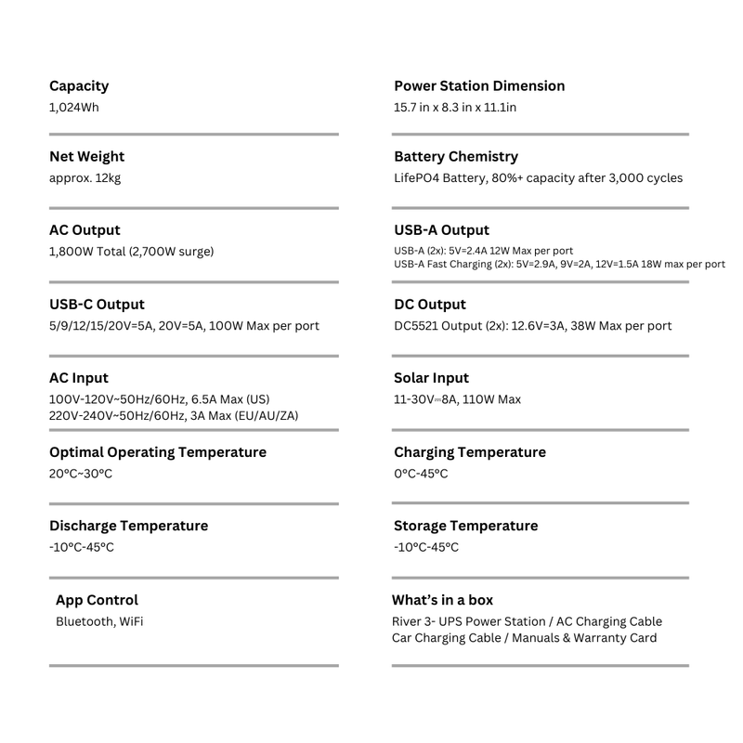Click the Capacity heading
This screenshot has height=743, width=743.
(x=79, y=86)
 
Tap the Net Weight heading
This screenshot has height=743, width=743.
(x=86, y=157)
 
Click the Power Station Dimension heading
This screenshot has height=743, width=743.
(x=479, y=86)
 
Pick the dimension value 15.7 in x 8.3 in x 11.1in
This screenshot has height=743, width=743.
(x=455, y=108)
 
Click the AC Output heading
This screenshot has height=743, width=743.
(x=85, y=230)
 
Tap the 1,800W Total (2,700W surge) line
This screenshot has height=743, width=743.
(x=132, y=252)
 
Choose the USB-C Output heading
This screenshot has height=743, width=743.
(x=97, y=305)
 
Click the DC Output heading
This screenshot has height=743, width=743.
(x=430, y=305)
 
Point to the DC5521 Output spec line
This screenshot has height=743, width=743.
(x=532, y=326)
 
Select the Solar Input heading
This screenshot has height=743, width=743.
(x=431, y=378)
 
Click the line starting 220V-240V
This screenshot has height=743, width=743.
(x=174, y=415)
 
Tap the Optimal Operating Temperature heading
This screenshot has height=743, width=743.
(x=158, y=452)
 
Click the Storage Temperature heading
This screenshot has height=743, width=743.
(x=465, y=526)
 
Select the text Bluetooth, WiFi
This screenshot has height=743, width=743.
(x=99, y=621)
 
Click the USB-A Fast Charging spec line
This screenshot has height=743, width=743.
(x=559, y=264)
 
